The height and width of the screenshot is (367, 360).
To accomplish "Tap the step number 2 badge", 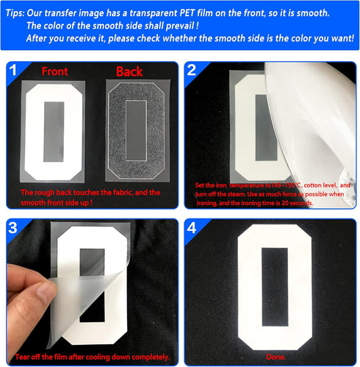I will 192,71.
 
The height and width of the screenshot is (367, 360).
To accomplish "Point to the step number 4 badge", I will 192,228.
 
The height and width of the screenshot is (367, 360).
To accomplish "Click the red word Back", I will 130,72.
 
